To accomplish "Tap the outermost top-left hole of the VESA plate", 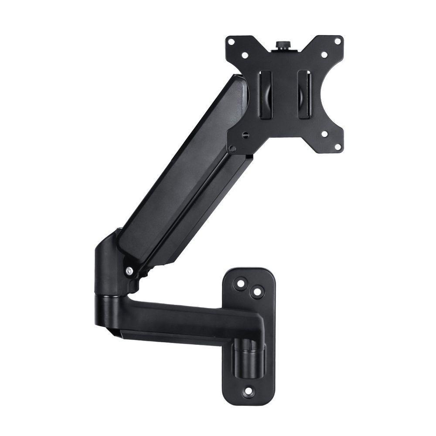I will [x=232, y=42].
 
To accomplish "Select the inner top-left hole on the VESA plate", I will [x=245, y=55].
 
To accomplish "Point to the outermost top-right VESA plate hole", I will [x=337, y=41].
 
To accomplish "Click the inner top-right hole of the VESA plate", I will [x=324, y=55].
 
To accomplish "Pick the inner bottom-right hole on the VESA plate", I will [x=324, y=133].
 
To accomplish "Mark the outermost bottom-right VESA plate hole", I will [x=337, y=147].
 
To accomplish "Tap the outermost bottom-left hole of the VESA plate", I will [x=233, y=148].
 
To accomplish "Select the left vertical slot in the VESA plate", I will [x=266, y=94].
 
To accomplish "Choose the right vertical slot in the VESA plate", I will [x=304, y=94].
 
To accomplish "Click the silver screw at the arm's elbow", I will [x=129, y=271].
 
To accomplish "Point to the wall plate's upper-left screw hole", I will [x=239, y=283].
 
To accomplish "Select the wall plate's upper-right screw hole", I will [x=257, y=292].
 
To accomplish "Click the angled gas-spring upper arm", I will [x=183, y=174].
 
